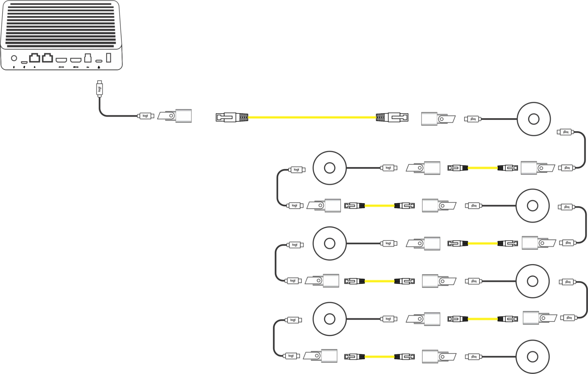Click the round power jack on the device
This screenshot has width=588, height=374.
[14, 58]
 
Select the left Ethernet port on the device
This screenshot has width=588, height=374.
[34, 58]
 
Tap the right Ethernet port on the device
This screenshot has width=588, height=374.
[47, 58]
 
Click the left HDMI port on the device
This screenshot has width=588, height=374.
[61, 60]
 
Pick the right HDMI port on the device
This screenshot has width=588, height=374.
[76, 60]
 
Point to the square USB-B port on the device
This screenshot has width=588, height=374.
[88, 58]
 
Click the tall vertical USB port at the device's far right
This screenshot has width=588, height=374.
[109, 57]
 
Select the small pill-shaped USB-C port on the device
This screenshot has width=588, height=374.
[99, 61]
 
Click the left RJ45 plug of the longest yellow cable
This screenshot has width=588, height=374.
[232, 117]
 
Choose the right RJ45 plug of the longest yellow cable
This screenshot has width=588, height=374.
[392, 117]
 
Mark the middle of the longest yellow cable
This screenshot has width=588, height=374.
[312, 117]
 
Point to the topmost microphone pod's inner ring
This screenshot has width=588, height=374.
[534, 119]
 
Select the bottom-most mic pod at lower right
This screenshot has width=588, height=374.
[532, 357]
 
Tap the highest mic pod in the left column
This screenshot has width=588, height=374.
[329, 168]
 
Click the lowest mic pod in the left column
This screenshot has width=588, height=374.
[329, 319]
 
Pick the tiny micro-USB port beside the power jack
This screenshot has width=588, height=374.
[24, 62]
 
